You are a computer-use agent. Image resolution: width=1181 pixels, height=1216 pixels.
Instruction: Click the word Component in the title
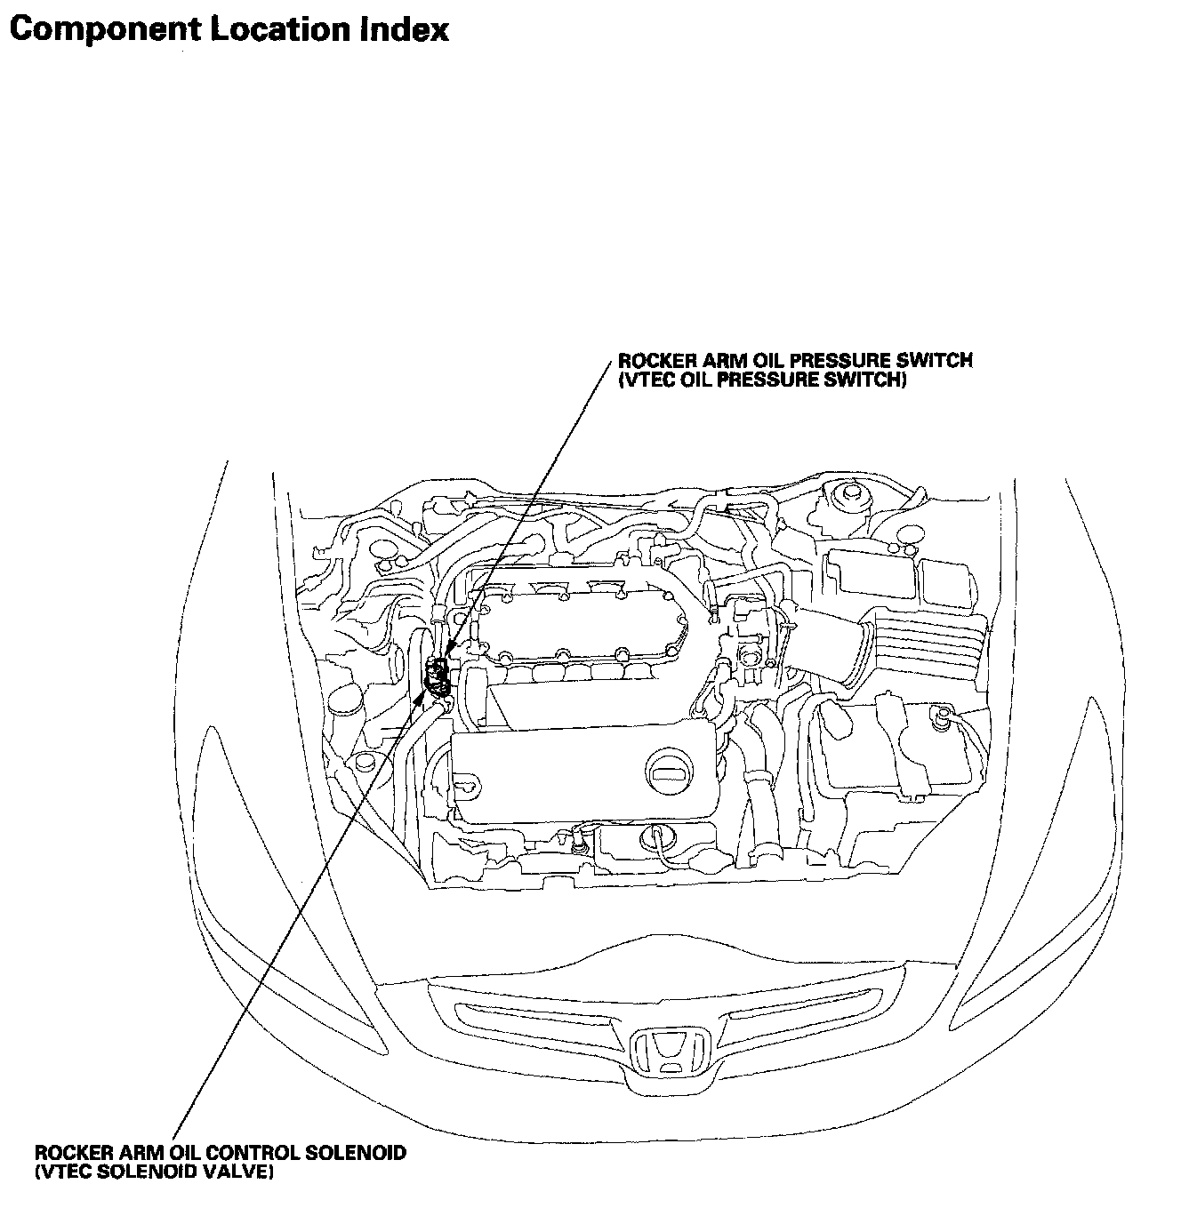103,30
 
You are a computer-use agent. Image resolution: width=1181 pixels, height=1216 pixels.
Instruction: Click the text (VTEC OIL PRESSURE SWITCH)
762,380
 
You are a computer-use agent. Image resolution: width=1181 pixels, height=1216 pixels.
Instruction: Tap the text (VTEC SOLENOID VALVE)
154,1172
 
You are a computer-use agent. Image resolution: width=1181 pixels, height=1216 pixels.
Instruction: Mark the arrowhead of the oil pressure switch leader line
450,654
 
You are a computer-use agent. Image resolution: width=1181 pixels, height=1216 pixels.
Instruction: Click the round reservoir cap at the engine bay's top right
848,493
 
